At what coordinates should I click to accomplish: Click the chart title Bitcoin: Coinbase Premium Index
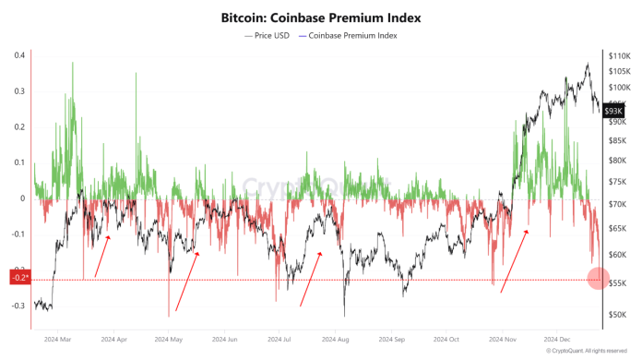[x=320, y=17]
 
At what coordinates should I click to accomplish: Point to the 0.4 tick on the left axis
[x=18, y=55]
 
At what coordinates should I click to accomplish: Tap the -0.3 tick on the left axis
[x=18, y=306]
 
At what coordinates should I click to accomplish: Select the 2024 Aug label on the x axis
[x=336, y=339]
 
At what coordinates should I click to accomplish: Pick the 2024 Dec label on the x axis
[x=559, y=339]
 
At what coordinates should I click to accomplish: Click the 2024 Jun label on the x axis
[x=226, y=339]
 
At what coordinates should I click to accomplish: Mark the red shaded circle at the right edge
[x=596, y=279]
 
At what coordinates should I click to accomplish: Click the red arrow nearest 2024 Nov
[x=515, y=261]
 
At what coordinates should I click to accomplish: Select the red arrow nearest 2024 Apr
[x=102, y=256]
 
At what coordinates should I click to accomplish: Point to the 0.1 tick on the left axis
[x=18, y=162]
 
